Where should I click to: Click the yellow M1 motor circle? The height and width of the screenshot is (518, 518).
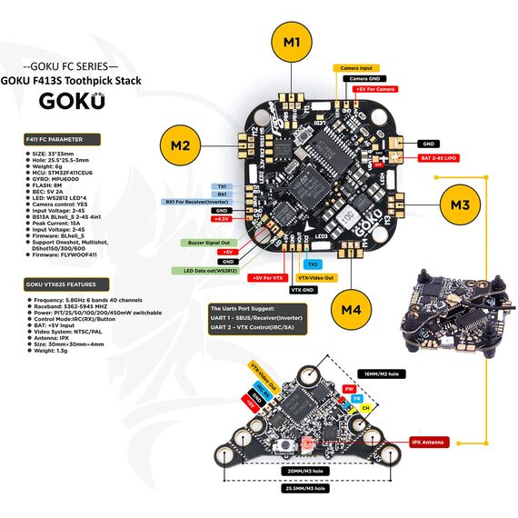tap(291, 43)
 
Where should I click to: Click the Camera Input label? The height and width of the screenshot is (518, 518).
tap(356, 68)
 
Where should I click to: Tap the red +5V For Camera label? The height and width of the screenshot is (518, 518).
tap(375, 90)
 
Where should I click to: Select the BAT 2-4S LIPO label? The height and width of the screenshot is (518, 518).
tap(439, 159)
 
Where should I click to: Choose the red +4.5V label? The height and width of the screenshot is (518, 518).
tap(221, 220)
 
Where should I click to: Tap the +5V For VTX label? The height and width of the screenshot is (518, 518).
tap(269, 277)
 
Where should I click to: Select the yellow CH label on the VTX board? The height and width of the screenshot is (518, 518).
tap(365, 409)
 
